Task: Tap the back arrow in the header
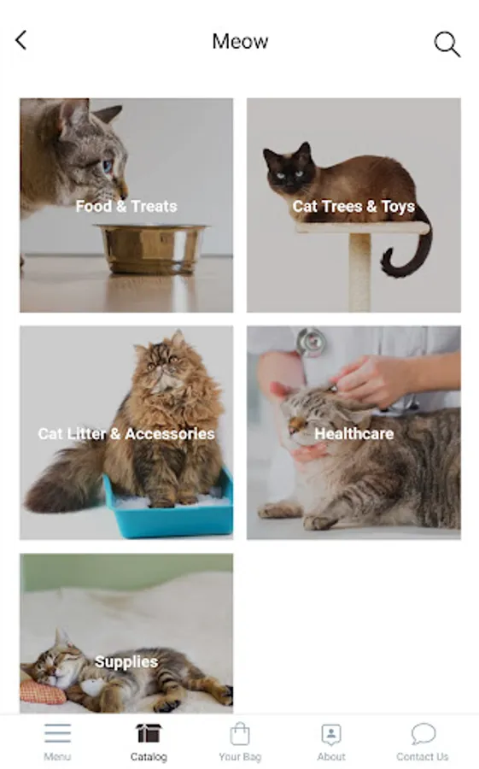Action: [x=20, y=41]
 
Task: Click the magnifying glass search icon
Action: [x=447, y=44]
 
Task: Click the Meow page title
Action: [x=240, y=41]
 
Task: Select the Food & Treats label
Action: [x=126, y=206]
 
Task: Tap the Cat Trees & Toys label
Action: [x=353, y=207]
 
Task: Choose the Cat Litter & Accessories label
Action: [x=126, y=433]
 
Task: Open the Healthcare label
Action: [x=354, y=433]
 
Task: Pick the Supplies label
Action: [x=126, y=661]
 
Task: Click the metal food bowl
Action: [x=152, y=248]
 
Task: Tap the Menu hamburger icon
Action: [x=57, y=733]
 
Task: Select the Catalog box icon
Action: [x=149, y=734]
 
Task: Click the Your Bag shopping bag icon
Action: [x=240, y=734]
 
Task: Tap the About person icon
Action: [x=331, y=734]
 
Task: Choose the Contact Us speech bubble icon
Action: [x=424, y=734]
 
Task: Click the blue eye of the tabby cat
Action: [x=108, y=166]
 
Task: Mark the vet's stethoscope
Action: [x=310, y=341]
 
